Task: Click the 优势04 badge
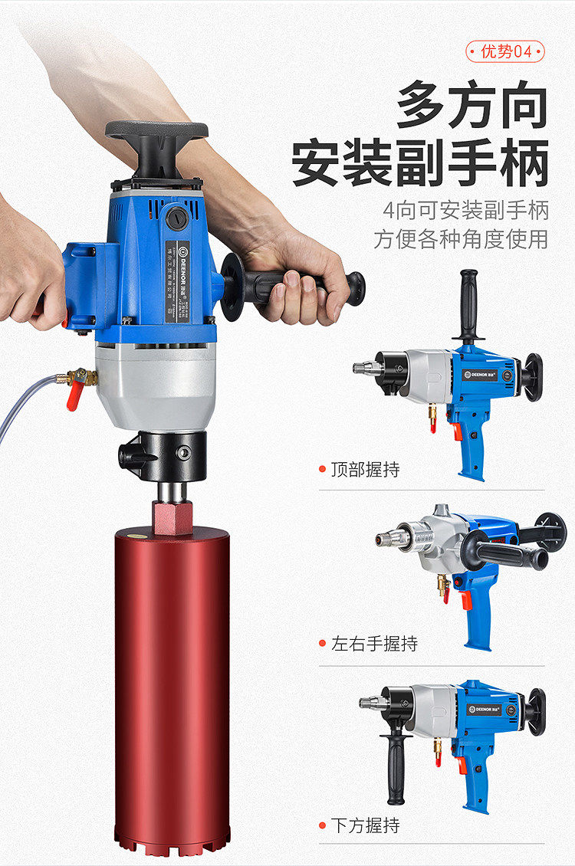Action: coord(505,51)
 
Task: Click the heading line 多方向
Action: coord(472,108)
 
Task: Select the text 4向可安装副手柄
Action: coord(465,209)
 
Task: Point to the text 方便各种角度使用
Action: coord(461,238)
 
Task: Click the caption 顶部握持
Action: coord(365,469)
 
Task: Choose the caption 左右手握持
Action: coord(374,644)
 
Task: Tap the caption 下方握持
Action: coord(365,825)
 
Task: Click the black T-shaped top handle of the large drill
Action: coord(157,138)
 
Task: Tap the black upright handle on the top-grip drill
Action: coord(468,303)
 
